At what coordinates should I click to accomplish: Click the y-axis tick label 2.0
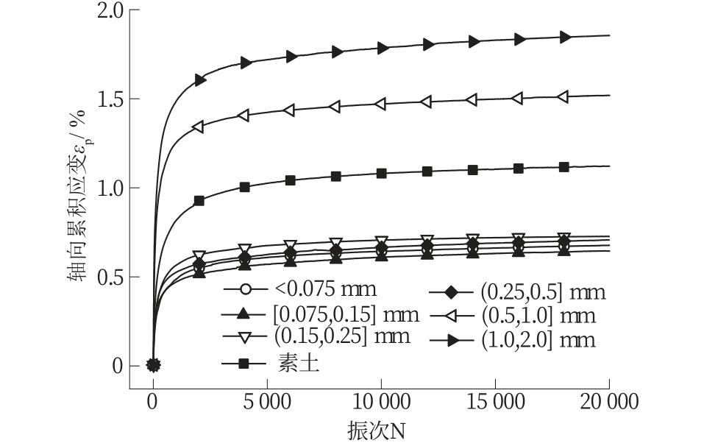tap(110, 11)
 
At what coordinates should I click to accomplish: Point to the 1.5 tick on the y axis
tap(110, 99)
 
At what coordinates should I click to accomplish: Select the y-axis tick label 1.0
tap(110, 188)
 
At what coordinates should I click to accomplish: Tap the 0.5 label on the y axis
tap(110, 277)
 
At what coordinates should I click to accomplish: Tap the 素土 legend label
tap(299, 363)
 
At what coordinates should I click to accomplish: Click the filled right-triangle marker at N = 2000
tap(199, 80)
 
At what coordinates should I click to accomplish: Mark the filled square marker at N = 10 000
tap(381, 173)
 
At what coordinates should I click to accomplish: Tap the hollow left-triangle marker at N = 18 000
tap(563, 97)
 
